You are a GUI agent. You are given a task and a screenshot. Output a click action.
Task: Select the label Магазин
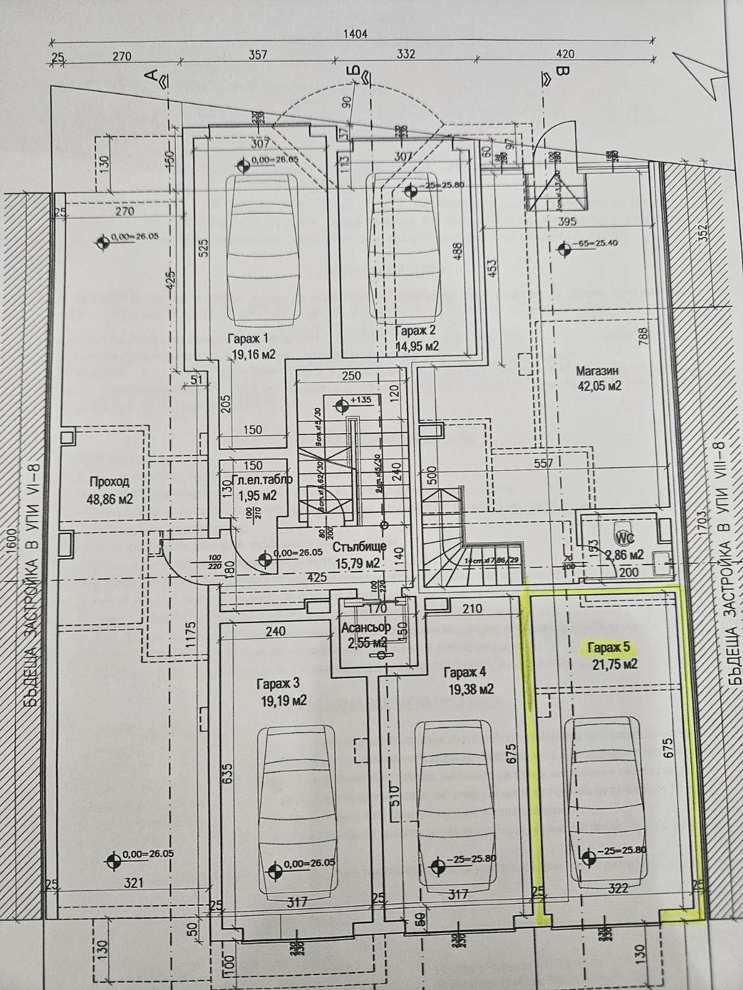[x=597, y=371]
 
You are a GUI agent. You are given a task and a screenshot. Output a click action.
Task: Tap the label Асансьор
[x=365, y=629]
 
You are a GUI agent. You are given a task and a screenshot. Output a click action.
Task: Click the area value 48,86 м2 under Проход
[x=111, y=499]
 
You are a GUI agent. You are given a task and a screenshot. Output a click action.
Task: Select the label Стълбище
[x=359, y=547]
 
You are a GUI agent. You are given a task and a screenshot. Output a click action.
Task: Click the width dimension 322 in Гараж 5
[x=618, y=888]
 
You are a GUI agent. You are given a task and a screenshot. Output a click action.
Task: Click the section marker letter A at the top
[x=150, y=76]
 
